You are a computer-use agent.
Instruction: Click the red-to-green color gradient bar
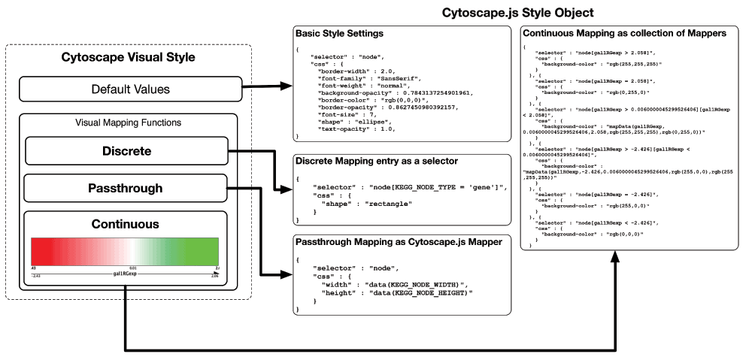pyautogui.click(x=125, y=250)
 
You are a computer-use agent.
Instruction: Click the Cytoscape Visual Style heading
pyautogui.click(x=127, y=58)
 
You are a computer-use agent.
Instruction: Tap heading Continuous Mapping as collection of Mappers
pyautogui.click(x=624, y=34)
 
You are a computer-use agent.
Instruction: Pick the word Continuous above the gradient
pyautogui.click(x=125, y=223)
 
